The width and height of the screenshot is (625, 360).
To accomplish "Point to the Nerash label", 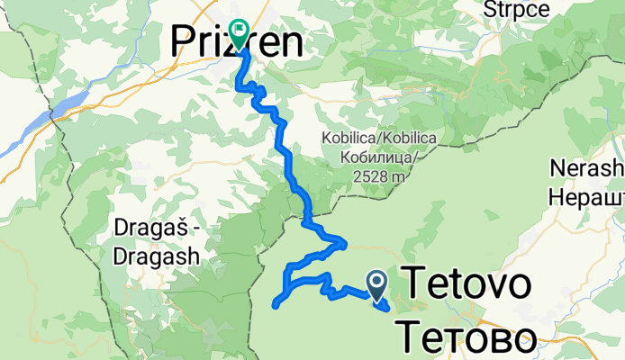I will click(585, 169).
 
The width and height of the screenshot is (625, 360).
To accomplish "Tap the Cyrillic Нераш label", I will click(586, 194).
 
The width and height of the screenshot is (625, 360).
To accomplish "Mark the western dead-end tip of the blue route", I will click(273, 305).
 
